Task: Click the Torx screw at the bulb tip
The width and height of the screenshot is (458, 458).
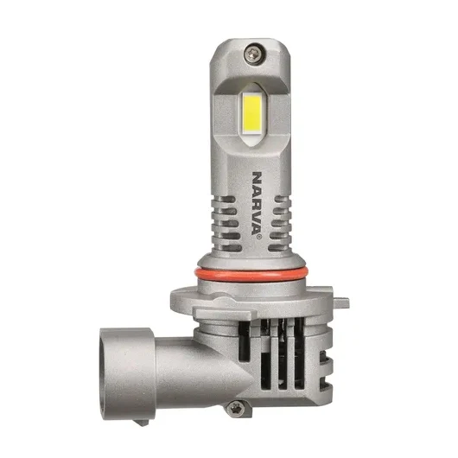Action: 254,54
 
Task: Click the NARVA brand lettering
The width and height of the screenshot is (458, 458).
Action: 256,203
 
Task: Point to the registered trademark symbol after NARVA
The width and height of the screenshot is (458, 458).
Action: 258,237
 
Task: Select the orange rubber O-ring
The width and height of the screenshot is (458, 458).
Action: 251,275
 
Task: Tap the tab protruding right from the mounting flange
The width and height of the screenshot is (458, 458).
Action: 340,302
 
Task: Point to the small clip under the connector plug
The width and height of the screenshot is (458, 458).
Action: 141,422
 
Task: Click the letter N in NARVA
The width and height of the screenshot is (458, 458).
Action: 257,177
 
